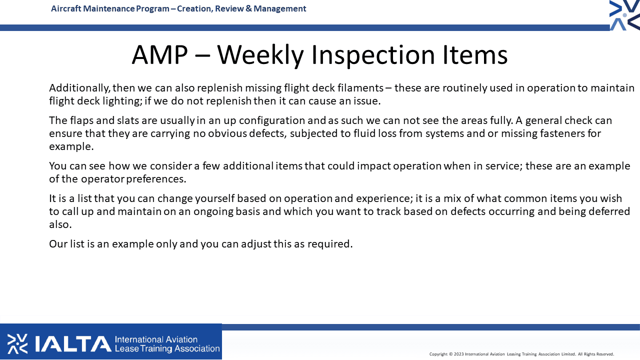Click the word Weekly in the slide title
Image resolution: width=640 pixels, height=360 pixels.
pos(259,55)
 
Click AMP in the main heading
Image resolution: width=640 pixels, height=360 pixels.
pos(159,55)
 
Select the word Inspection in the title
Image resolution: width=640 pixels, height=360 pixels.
pos(373,55)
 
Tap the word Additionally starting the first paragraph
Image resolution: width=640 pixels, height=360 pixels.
pos(79,87)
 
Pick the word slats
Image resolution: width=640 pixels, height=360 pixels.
pos(128,120)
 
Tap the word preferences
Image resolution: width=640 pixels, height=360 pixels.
pos(156,179)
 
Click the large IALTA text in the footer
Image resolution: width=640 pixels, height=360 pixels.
pos(73,343)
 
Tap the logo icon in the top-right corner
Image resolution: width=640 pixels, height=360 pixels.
pos(624,15)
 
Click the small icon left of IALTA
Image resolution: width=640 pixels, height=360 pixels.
pos(17,343)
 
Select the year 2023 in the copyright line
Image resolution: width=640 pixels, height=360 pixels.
pos(458,354)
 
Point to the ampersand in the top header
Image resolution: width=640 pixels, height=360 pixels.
pos(248,8)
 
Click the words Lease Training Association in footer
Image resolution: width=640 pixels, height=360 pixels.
pos(167,348)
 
